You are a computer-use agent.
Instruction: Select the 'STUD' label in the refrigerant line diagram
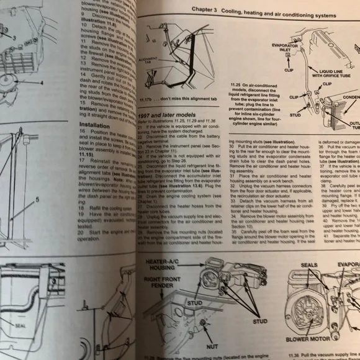tap(295, 115)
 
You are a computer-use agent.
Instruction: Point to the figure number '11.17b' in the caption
tap(148, 100)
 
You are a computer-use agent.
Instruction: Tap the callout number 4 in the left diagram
tap(42, 83)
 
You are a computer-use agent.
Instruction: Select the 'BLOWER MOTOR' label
tap(308, 340)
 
